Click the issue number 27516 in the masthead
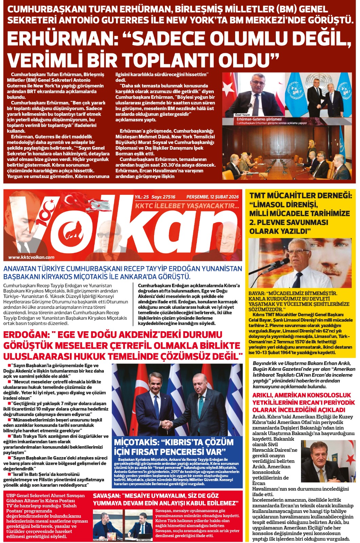coord(169,197)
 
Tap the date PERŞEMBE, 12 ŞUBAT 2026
coord(212,197)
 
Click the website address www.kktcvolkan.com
coord(31,257)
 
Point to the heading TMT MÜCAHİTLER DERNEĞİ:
coord(301,195)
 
